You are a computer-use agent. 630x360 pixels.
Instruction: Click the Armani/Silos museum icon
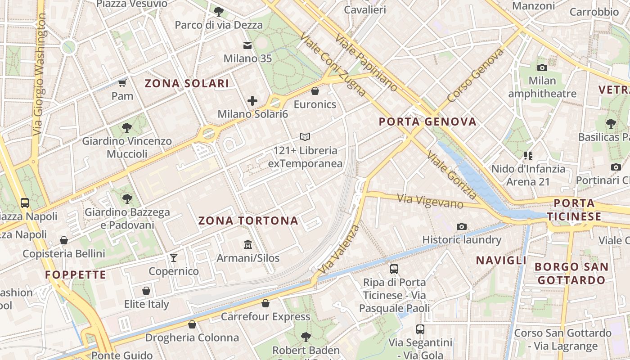click(247, 245)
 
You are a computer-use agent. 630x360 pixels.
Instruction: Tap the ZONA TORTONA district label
click(248, 220)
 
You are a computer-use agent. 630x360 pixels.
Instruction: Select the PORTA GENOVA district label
click(427, 121)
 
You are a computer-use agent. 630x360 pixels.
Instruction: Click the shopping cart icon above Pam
click(122, 83)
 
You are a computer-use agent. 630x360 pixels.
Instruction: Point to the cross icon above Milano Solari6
click(252, 101)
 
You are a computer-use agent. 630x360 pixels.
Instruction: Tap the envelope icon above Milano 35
click(247, 45)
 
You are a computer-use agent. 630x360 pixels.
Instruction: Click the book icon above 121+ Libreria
click(305, 137)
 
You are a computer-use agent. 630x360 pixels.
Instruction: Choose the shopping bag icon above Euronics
click(315, 91)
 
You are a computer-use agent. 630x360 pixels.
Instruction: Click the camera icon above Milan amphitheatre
click(542, 67)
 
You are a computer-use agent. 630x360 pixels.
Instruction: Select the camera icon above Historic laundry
click(461, 226)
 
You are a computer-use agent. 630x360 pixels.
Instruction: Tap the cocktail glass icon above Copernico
click(174, 258)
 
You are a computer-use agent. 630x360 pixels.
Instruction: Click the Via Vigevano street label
click(430, 201)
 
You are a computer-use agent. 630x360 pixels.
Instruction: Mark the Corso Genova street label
click(475, 75)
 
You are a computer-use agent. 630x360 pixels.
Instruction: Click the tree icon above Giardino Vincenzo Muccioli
click(127, 128)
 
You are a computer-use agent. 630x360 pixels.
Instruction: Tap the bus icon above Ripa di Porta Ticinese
click(394, 269)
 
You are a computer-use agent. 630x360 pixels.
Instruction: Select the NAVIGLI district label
click(501, 260)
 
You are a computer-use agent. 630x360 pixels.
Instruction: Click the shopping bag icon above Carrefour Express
click(265, 303)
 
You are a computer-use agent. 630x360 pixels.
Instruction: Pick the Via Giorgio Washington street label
click(40, 74)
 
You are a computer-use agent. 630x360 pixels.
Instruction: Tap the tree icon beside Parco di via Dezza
click(219, 12)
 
